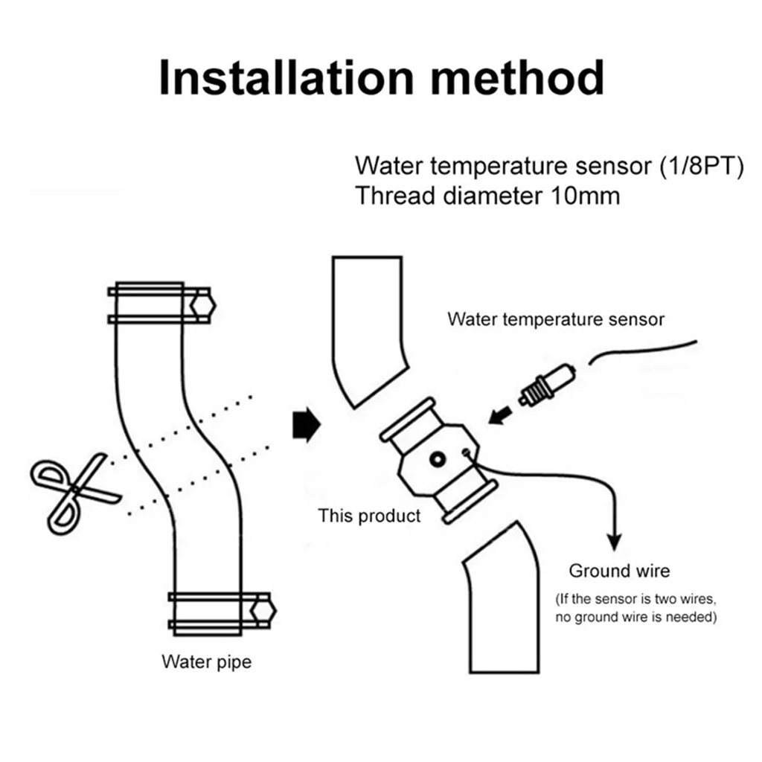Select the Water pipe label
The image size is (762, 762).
206,662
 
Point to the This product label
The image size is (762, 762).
369,515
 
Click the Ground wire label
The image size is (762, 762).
619,571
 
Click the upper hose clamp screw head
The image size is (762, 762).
202,305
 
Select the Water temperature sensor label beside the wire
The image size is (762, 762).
555,319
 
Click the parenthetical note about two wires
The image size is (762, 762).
635,608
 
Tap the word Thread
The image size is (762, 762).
393,196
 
